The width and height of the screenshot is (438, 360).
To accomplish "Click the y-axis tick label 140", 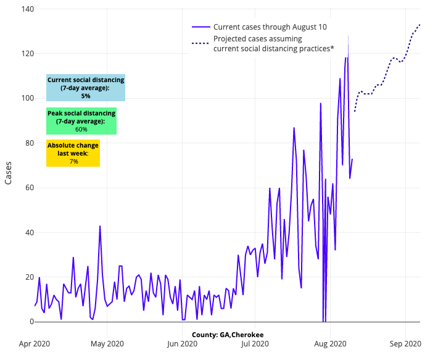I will (x=21, y=9).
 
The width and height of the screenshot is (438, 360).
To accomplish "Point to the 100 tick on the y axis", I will (x=21, y=98).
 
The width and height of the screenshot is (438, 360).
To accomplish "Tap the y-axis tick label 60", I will (x=23, y=188).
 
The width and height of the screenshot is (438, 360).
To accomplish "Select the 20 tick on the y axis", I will (x=23, y=277).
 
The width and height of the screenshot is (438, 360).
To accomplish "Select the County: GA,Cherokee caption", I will (x=228, y=334).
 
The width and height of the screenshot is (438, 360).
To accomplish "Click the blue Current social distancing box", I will (x=86, y=88).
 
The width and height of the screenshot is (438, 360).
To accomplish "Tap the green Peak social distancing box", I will (x=81, y=121).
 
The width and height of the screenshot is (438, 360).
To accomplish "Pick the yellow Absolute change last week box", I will (x=73, y=153).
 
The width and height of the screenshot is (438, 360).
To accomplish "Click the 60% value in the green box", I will (x=81, y=130).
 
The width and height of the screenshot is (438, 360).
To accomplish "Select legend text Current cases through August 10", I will (x=270, y=27).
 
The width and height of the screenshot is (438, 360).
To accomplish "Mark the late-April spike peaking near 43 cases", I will (x=100, y=227).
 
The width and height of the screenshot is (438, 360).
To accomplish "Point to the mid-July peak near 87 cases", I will (x=294, y=128).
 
